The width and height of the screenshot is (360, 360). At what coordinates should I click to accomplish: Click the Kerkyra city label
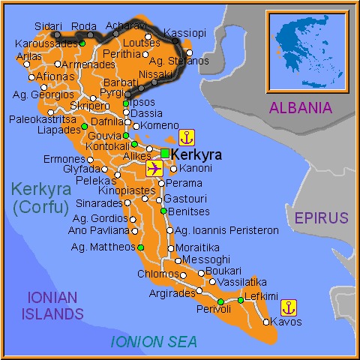pyautogui.click(x=196, y=154)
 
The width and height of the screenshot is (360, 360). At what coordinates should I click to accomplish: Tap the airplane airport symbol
pyautogui.click(x=155, y=168)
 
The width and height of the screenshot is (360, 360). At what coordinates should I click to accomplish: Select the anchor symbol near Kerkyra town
pyautogui.click(x=186, y=137)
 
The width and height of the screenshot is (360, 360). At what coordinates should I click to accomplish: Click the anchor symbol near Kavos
pyautogui.click(x=289, y=307)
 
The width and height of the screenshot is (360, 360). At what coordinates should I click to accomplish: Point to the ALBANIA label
pyautogui.click(x=310, y=107)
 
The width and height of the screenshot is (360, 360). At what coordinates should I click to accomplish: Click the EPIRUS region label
pyautogui.click(x=321, y=218)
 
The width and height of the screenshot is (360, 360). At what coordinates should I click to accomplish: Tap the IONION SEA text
pyautogui.click(x=154, y=343)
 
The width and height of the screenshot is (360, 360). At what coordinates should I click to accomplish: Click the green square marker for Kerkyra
pyautogui.click(x=164, y=154)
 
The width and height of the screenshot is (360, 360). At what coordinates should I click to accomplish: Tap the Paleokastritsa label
pyautogui.click(x=43, y=118)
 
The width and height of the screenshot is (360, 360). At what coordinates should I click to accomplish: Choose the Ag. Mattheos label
pyautogui.click(x=101, y=246)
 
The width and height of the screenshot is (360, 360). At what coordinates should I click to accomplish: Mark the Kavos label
pyautogui.click(x=286, y=322)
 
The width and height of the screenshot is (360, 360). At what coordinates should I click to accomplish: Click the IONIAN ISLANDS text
pyautogui.click(x=52, y=304)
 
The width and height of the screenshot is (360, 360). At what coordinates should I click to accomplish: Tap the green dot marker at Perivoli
pyautogui.click(x=221, y=301)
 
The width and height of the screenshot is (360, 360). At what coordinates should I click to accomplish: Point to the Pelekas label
pyautogui.click(x=94, y=181)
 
